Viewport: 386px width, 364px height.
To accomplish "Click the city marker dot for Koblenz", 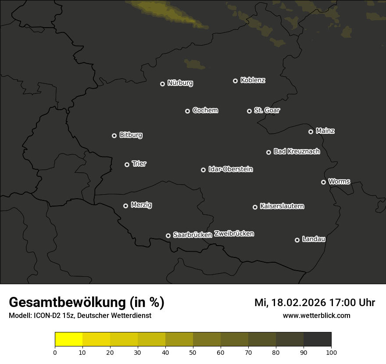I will pyautogui.click(x=235, y=81).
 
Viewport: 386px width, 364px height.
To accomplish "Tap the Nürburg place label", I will pyautogui.click(x=180, y=83).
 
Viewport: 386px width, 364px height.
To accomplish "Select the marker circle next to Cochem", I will pyautogui.click(x=187, y=111).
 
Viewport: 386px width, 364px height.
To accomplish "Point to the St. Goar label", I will pyautogui.click(x=267, y=110).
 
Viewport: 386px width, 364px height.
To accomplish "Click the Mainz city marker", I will pyautogui.click(x=311, y=132).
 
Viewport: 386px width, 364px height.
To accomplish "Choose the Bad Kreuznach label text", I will pyautogui.click(x=297, y=151).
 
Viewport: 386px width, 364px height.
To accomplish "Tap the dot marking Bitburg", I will pyautogui.click(x=114, y=136).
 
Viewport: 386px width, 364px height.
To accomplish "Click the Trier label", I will pyautogui.click(x=139, y=164).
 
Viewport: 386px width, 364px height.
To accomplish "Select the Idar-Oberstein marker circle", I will pyautogui.click(x=203, y=170).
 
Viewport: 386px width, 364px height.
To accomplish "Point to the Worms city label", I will pyautogui.click(x=339, y=181).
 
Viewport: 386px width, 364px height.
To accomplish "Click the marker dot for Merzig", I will pyautogui.click(x=125, y=206).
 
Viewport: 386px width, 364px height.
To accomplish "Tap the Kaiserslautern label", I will pyautogui.click(x=282, y=206).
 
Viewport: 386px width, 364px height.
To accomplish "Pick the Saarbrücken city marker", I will pyautogui.click(x=168, y=236).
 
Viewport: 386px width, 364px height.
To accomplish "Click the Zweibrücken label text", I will pyautogui.click(x=234, y=234).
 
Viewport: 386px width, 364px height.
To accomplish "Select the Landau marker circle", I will pyautogui.click(x=297, y=240).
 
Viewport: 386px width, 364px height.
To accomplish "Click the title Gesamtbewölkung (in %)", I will pyautogui.click(x=86, y=303).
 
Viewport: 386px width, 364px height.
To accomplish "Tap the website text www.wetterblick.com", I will pyautogui.click(x=316, y=315).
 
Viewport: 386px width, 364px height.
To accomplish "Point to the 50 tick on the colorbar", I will pyautogui.click(x=193, y=352).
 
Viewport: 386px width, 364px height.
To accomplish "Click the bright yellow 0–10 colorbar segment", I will pyautogui.click(x=69, y=339).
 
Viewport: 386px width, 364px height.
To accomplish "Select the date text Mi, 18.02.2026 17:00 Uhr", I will pyautogui.click(x=315, y=303).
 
